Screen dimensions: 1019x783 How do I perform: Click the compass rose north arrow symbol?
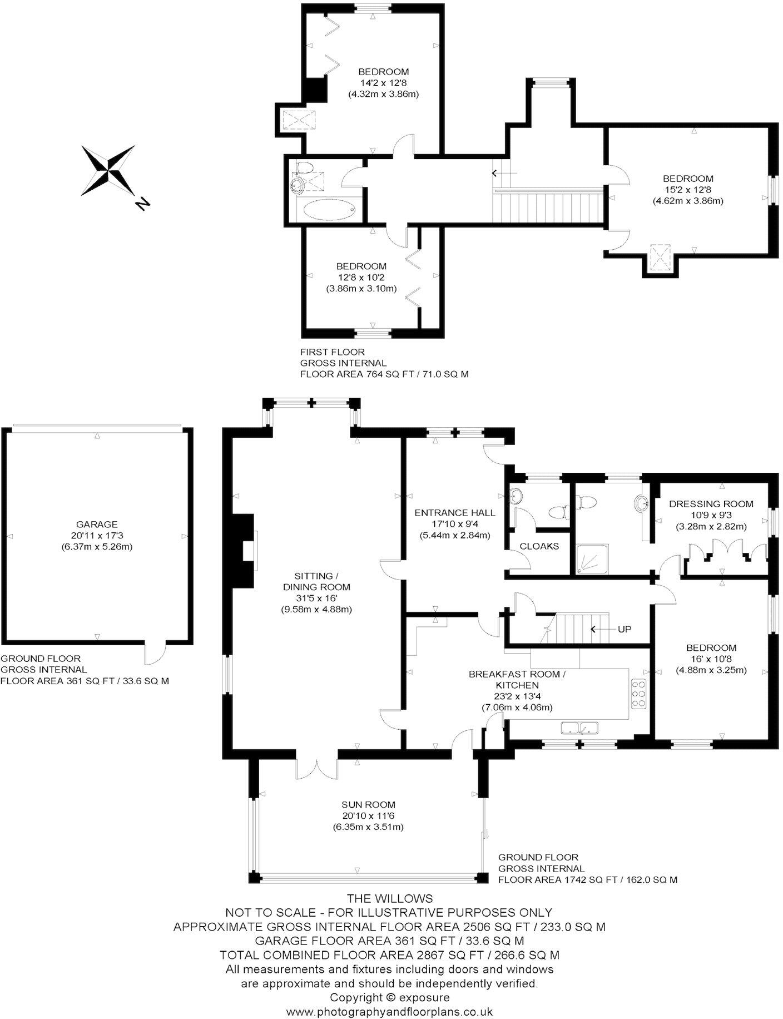(x=108, y=171)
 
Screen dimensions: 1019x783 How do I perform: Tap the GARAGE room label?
(x=97, y=524)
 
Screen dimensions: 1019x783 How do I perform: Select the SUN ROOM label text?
(x=369, y=804)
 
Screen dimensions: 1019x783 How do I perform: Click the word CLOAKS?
(x=539, y=546)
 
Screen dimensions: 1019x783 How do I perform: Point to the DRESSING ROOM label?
(x=711, y=504)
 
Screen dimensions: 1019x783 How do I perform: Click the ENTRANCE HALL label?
(x=454, y=513)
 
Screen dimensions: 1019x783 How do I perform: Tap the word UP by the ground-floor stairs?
(x=625, y=629)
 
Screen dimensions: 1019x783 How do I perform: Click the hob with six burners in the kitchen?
(x=639, y=694)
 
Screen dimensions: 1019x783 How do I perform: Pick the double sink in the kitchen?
(x=579, y=728)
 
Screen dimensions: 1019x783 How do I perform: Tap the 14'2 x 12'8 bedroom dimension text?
(x=383, y=83)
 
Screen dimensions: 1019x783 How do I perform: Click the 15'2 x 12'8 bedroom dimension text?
(x=687, y=190)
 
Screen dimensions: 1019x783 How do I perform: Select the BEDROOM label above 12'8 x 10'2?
(x=361, y=266)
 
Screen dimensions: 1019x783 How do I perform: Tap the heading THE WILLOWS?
(x=389, y=898)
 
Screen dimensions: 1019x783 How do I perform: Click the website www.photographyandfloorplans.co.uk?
(x=389, y=1011)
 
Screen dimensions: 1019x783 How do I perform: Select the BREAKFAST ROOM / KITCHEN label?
(x=517, y=680)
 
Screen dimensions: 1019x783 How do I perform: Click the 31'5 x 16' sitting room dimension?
(x=316, y=598)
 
